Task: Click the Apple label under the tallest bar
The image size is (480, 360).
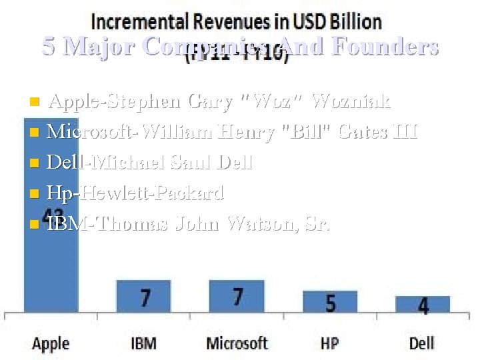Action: [x=51, y=343]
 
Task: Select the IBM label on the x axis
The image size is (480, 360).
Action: [x=143, y=343]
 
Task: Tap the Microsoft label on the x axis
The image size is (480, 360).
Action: [x=237, y=343]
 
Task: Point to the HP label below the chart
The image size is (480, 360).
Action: [x=330, y=343]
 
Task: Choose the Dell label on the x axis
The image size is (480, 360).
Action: [x=421, y=343]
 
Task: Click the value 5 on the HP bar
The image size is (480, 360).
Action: [x=331, y=303]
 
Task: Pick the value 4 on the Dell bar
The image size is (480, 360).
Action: [x=423, y=306]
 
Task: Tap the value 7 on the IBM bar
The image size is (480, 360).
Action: [x=145, y=297]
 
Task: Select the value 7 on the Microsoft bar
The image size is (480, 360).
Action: [x=237, y=296]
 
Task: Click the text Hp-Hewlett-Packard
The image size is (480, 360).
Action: [x=136, y=193]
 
